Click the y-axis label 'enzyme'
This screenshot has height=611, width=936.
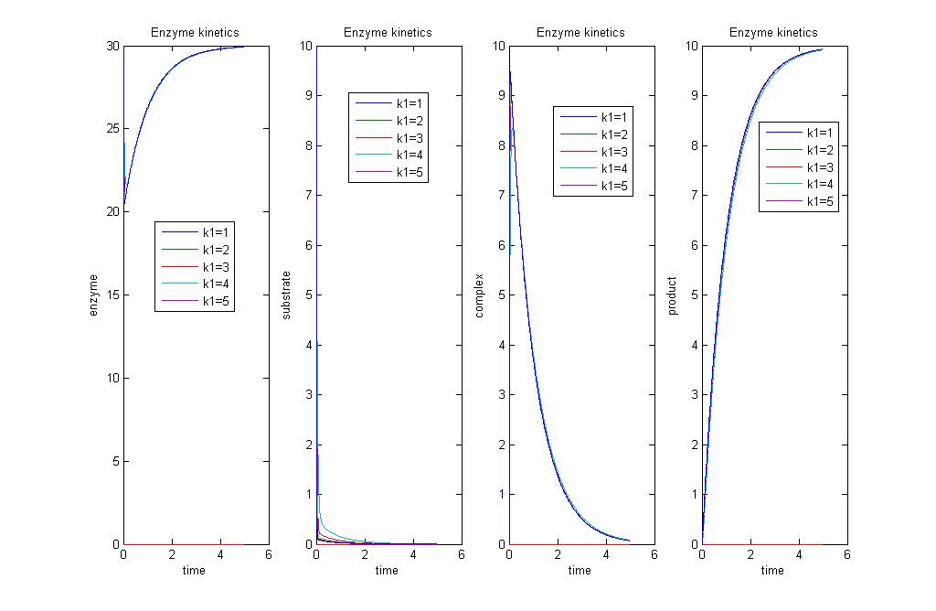tap(93, 295)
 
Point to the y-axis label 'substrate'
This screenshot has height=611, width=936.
tap(286, 295)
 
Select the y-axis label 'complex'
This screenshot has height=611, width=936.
tap(479, 295)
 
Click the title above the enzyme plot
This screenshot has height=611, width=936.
tap(195, 33)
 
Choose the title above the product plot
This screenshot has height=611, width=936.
tap(772, 33)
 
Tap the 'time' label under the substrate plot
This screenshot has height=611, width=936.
tap(387, 571)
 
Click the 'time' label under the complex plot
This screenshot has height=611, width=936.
tap(580, 571)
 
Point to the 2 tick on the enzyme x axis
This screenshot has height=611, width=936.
tap(172, 554)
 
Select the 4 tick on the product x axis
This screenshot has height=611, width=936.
tap(799, 554)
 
